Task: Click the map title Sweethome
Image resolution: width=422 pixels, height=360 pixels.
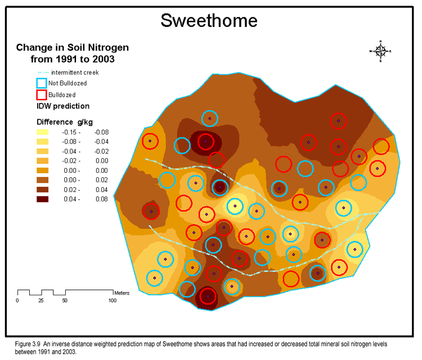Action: (x=209, y=20)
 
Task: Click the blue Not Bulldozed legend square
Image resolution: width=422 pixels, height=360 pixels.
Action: (x=42, y=83)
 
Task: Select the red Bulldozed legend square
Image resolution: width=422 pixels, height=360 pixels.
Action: (x=42, y=94)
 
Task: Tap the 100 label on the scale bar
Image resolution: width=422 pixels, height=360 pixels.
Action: (x=113, y=301)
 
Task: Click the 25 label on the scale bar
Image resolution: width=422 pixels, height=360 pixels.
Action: (x=41, y=301)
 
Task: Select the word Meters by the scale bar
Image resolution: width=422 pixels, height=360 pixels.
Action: (x=122, y=293)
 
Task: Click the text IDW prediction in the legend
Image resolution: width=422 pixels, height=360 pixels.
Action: (x=63, y=106)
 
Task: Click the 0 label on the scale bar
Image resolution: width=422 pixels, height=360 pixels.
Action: (x=17, y=301)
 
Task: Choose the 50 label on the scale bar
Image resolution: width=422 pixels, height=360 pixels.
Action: (x=65, y=301)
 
